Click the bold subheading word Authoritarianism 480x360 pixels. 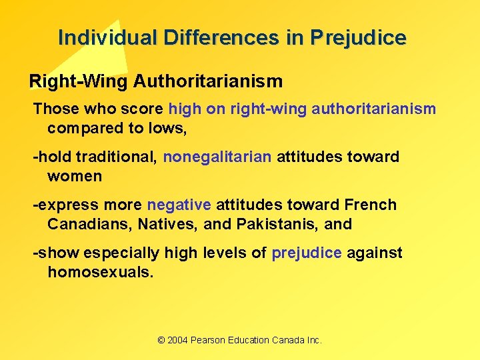(208, 81)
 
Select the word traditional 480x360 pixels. (116, 157)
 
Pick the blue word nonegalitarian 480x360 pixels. (217, 157)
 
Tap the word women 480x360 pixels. (75, 177)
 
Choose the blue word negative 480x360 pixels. (179, 205)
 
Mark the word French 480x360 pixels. (371, 205)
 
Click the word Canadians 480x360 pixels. (90, 225)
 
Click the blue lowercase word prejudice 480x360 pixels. (307, 253)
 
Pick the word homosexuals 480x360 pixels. (101, 273)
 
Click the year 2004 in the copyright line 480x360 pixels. (177, 340)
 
